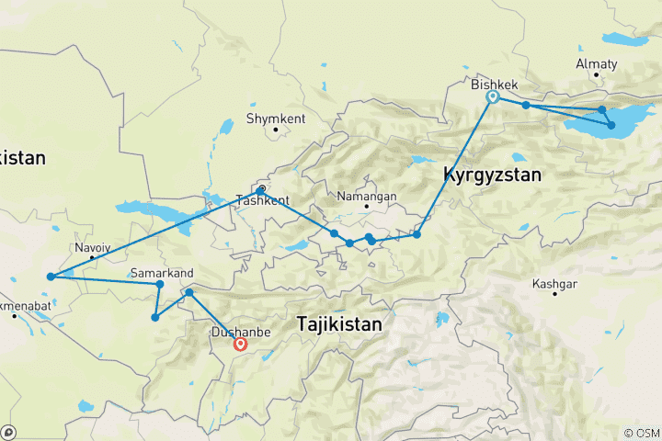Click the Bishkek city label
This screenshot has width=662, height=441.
click(x=495, y=85)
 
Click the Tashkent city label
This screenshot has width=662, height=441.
click(x=262, y=199)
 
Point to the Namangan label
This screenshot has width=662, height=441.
click(x=367, y=196)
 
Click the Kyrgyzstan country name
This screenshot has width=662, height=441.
click(x=491, y=174)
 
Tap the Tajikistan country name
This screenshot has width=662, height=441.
click(x=339, y=323)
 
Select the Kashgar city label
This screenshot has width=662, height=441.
click(x=554, y=284)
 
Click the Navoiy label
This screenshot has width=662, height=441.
click(x=92, y=248)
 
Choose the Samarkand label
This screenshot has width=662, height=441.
click(x=163, y=273)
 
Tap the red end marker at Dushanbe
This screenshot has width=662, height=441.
click(x=240, y=345)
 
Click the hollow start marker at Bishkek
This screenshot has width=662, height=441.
click(x=493, y=96)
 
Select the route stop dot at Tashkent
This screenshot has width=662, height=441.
click(x=261, y=189)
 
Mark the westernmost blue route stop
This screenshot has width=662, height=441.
click(x=50, y=277)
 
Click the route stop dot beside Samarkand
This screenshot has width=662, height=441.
click(x=160, y=285)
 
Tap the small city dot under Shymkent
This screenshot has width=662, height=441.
click(x=275, y=130)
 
